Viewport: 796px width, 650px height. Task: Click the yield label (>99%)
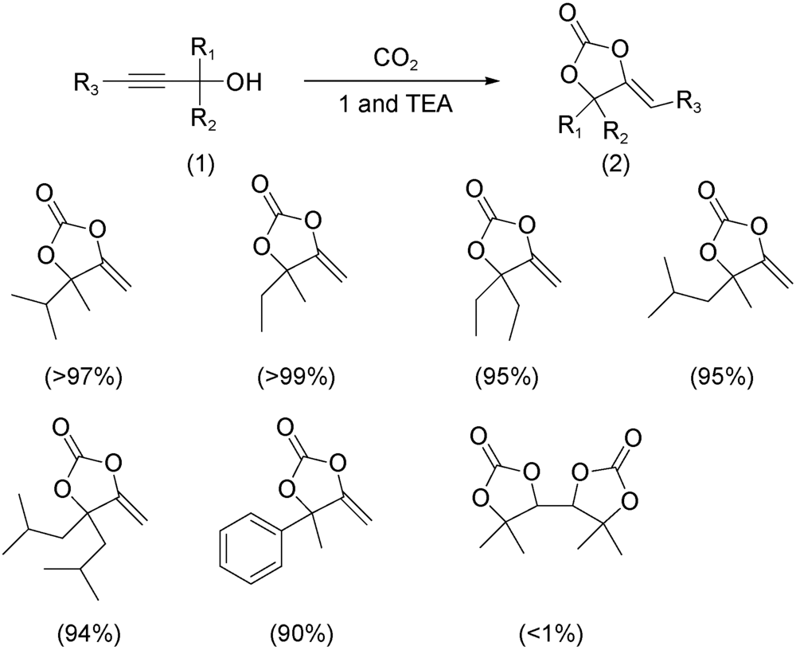[x=288, y=375]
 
